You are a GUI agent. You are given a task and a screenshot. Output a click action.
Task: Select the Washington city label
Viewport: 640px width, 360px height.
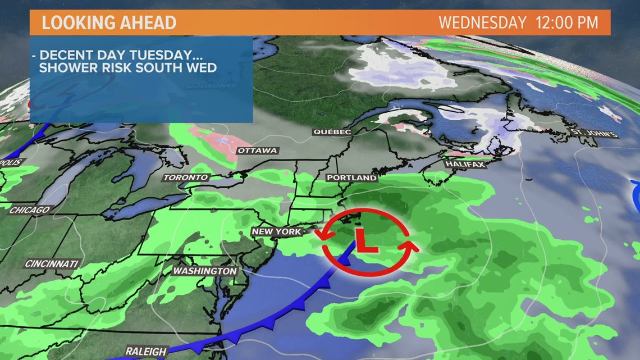204,271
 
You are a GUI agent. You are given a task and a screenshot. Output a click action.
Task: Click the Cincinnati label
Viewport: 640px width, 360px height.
52,263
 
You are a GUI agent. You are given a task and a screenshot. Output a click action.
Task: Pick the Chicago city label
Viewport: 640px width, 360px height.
29,210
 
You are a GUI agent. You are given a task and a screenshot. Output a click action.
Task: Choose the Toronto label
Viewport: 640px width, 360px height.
186,177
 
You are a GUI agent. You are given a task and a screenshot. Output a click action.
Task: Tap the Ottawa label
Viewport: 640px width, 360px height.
257,151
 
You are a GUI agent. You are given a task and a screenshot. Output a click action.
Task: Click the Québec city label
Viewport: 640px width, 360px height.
332,132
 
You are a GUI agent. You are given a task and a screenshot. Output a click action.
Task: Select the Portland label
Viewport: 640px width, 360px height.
352,177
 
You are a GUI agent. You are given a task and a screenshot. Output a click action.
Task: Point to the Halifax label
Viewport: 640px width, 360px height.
464,164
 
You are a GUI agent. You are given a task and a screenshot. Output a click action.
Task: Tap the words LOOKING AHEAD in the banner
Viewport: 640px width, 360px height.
109,23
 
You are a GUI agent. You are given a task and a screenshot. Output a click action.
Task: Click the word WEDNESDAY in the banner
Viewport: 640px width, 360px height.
482,23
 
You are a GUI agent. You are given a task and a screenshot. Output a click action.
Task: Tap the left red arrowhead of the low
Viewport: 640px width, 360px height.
326,235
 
